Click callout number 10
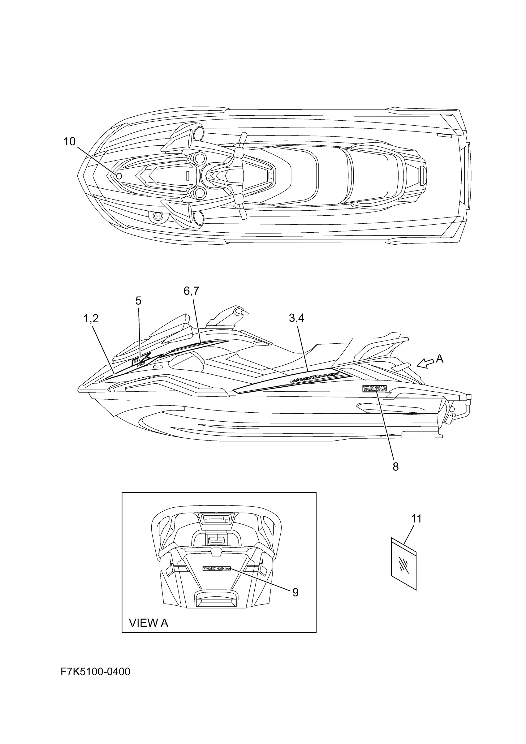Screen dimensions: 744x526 69,142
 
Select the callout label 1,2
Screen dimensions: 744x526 91,319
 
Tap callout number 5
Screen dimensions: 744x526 138,301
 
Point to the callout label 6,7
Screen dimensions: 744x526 191,291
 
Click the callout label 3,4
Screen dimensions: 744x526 296,318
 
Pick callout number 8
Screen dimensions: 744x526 395,467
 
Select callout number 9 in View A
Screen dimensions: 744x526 295,592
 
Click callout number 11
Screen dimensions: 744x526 416,519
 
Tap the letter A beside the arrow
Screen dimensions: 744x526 439,359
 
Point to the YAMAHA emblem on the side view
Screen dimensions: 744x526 374,389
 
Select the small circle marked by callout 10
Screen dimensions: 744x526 119,176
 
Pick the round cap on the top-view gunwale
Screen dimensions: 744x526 158,216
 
